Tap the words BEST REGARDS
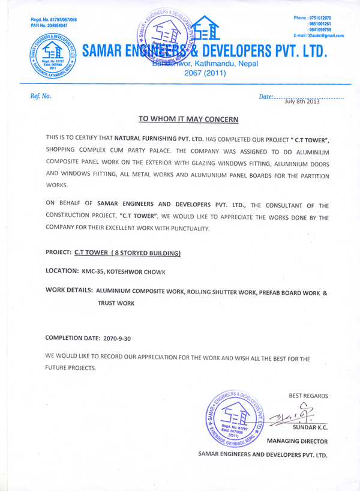point(308,396)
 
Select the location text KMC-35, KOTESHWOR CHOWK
point(123,272)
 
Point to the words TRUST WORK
point(116,304)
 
